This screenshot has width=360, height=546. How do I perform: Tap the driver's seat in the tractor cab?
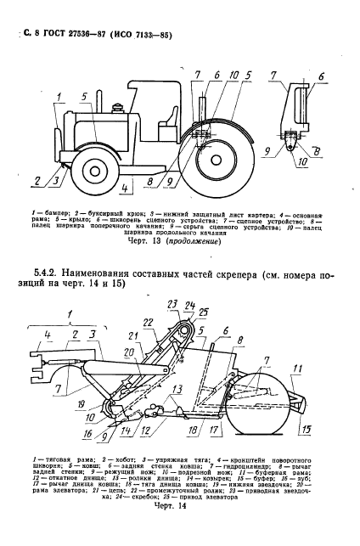[165, 118]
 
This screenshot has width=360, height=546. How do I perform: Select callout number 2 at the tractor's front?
[37, 180]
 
